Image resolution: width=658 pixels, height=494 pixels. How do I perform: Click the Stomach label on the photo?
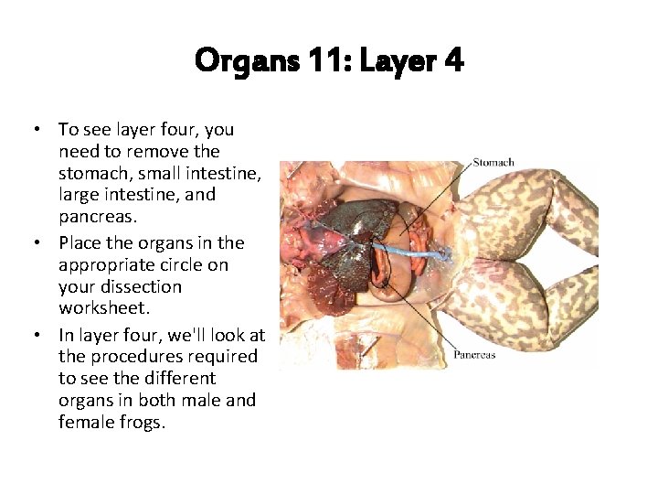pyautogui.click(x=493, y=163)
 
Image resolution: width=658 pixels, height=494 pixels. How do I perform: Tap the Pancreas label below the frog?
pyautogui.click(x=475, y=354)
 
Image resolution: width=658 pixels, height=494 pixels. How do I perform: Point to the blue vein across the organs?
pyautogui.click(x=411, y=249)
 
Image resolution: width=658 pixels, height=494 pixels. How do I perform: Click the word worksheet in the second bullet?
pyautogui.click(x=102, y=308)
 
